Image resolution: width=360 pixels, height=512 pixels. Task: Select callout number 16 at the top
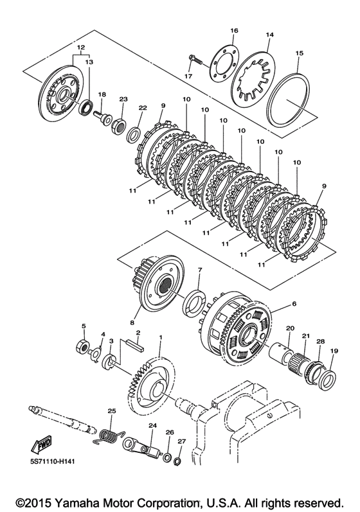234,31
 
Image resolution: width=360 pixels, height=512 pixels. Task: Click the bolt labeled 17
195,60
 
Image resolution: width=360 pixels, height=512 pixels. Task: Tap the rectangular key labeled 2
134,346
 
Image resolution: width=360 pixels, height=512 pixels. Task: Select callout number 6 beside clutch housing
294,304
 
